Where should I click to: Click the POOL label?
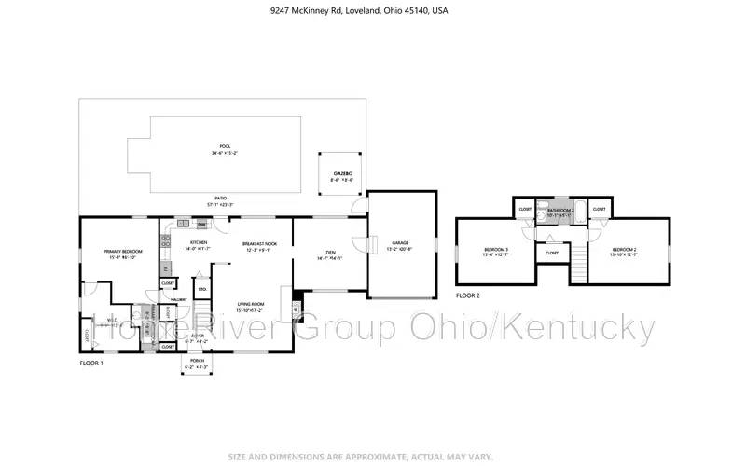224,147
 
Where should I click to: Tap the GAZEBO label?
342,173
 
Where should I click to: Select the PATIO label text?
220,199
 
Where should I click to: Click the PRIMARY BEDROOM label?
122,251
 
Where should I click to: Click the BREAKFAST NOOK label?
256,244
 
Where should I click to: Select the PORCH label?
197,360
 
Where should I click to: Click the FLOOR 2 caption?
468,295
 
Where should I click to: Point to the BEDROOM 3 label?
496,250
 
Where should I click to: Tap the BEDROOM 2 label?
624,250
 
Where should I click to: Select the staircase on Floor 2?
580,264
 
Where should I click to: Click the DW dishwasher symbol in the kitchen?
200,225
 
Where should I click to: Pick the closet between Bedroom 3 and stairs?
552,253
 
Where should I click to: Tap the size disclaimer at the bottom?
372,456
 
